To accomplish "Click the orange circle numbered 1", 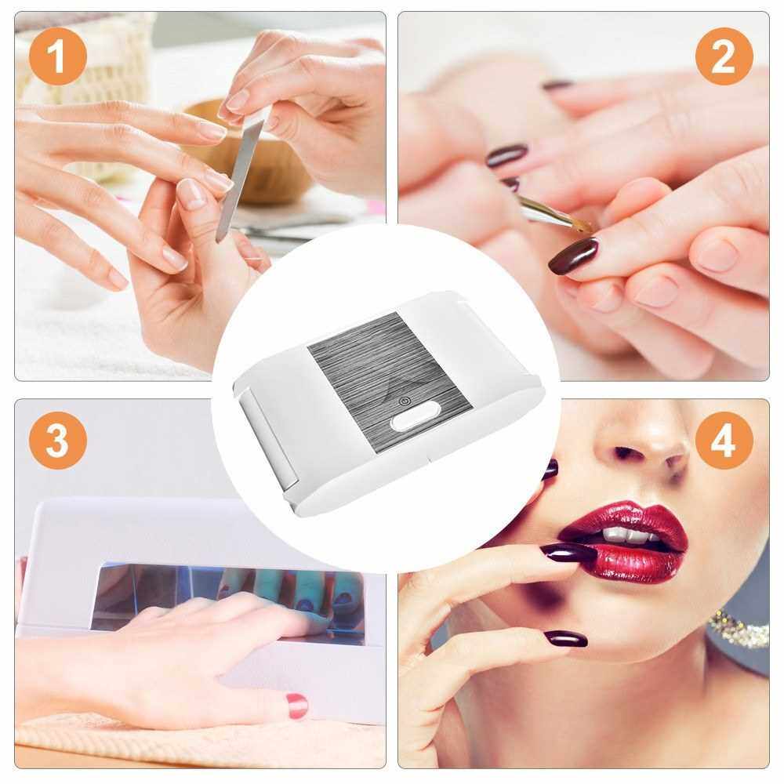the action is coord(58,56).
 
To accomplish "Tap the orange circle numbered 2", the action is coord(724,56).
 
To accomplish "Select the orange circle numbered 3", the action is coord(58,440).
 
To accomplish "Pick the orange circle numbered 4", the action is coord(724,440).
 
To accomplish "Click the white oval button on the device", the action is coord(414,421).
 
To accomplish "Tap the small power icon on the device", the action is coord(404,401).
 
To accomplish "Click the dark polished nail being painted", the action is coord(574,256).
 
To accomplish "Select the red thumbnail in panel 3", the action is coord(296,706).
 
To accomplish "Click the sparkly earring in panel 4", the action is coord(739,627).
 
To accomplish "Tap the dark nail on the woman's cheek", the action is coord(550,469).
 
